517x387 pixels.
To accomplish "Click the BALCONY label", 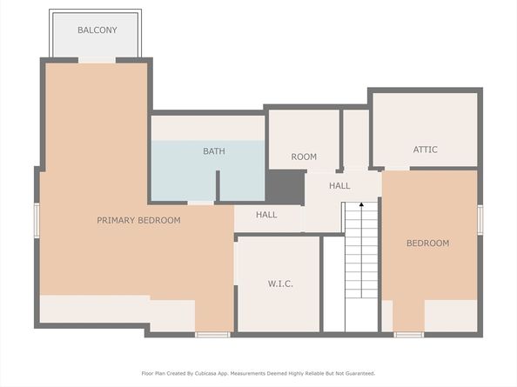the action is coord(97,30).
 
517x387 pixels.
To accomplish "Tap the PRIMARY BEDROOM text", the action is coord(138,220).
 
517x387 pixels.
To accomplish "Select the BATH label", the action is coord(214,151).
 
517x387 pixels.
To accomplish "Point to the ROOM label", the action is coord(304,157).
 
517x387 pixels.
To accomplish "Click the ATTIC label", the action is coord(426,150).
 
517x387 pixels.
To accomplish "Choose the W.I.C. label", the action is coord(280,284).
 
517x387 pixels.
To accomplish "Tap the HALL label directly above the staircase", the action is coord(339,186).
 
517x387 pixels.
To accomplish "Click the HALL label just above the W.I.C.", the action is coord(266,215).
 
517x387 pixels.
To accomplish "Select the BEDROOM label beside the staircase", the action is coord(427,243).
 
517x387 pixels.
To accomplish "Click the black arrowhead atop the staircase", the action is coord(361,204).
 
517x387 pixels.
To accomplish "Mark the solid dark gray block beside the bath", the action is coord(285,187).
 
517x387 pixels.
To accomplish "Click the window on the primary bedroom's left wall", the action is coord(37,220).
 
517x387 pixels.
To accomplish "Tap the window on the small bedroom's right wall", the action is coord(480,220).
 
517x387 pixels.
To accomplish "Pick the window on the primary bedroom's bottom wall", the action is coord(212,335).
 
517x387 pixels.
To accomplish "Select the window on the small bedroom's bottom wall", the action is coord(409,335).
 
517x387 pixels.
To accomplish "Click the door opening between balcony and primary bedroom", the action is coord(97,60).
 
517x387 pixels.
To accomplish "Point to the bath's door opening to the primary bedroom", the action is coord(201,203).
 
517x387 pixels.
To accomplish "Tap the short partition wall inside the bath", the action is coord(218,186).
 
